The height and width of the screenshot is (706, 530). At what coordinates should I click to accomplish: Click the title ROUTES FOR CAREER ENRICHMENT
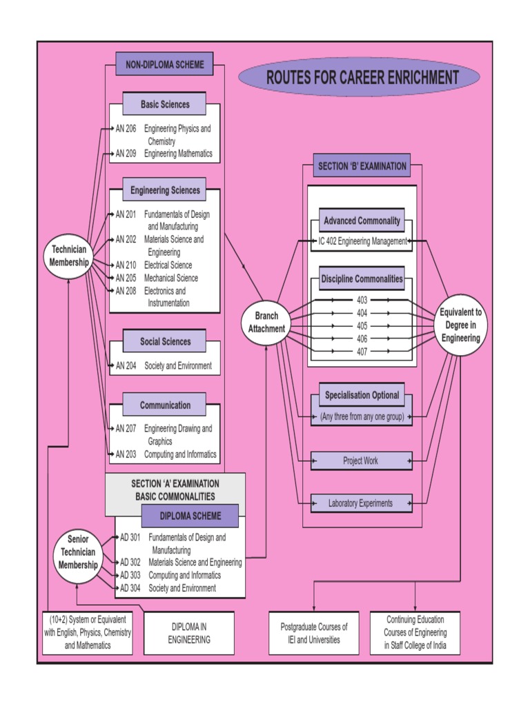358,77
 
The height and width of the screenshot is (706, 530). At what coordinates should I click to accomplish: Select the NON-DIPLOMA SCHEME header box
164,65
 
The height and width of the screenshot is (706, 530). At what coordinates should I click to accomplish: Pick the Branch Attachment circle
266,323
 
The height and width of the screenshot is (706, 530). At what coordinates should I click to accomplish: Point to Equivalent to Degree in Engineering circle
461,325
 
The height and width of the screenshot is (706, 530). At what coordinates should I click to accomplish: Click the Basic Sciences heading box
165,105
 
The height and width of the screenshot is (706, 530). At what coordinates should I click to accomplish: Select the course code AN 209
126,154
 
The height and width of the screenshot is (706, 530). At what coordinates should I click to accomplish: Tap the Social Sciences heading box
164,341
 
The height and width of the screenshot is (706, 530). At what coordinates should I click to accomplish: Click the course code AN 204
126,366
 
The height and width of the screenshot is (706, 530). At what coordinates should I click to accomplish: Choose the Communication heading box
164,405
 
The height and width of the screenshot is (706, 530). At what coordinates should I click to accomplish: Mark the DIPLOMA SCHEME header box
190,516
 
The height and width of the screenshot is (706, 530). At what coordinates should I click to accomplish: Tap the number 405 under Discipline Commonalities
362,325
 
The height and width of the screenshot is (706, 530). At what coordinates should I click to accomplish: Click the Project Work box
361,461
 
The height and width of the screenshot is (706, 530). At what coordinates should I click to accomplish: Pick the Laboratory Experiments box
361,503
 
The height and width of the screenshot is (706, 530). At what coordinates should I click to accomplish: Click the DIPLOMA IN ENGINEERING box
189,633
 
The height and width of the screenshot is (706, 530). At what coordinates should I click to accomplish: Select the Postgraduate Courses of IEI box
314,633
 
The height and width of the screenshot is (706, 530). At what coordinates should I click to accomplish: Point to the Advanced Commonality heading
362,221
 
